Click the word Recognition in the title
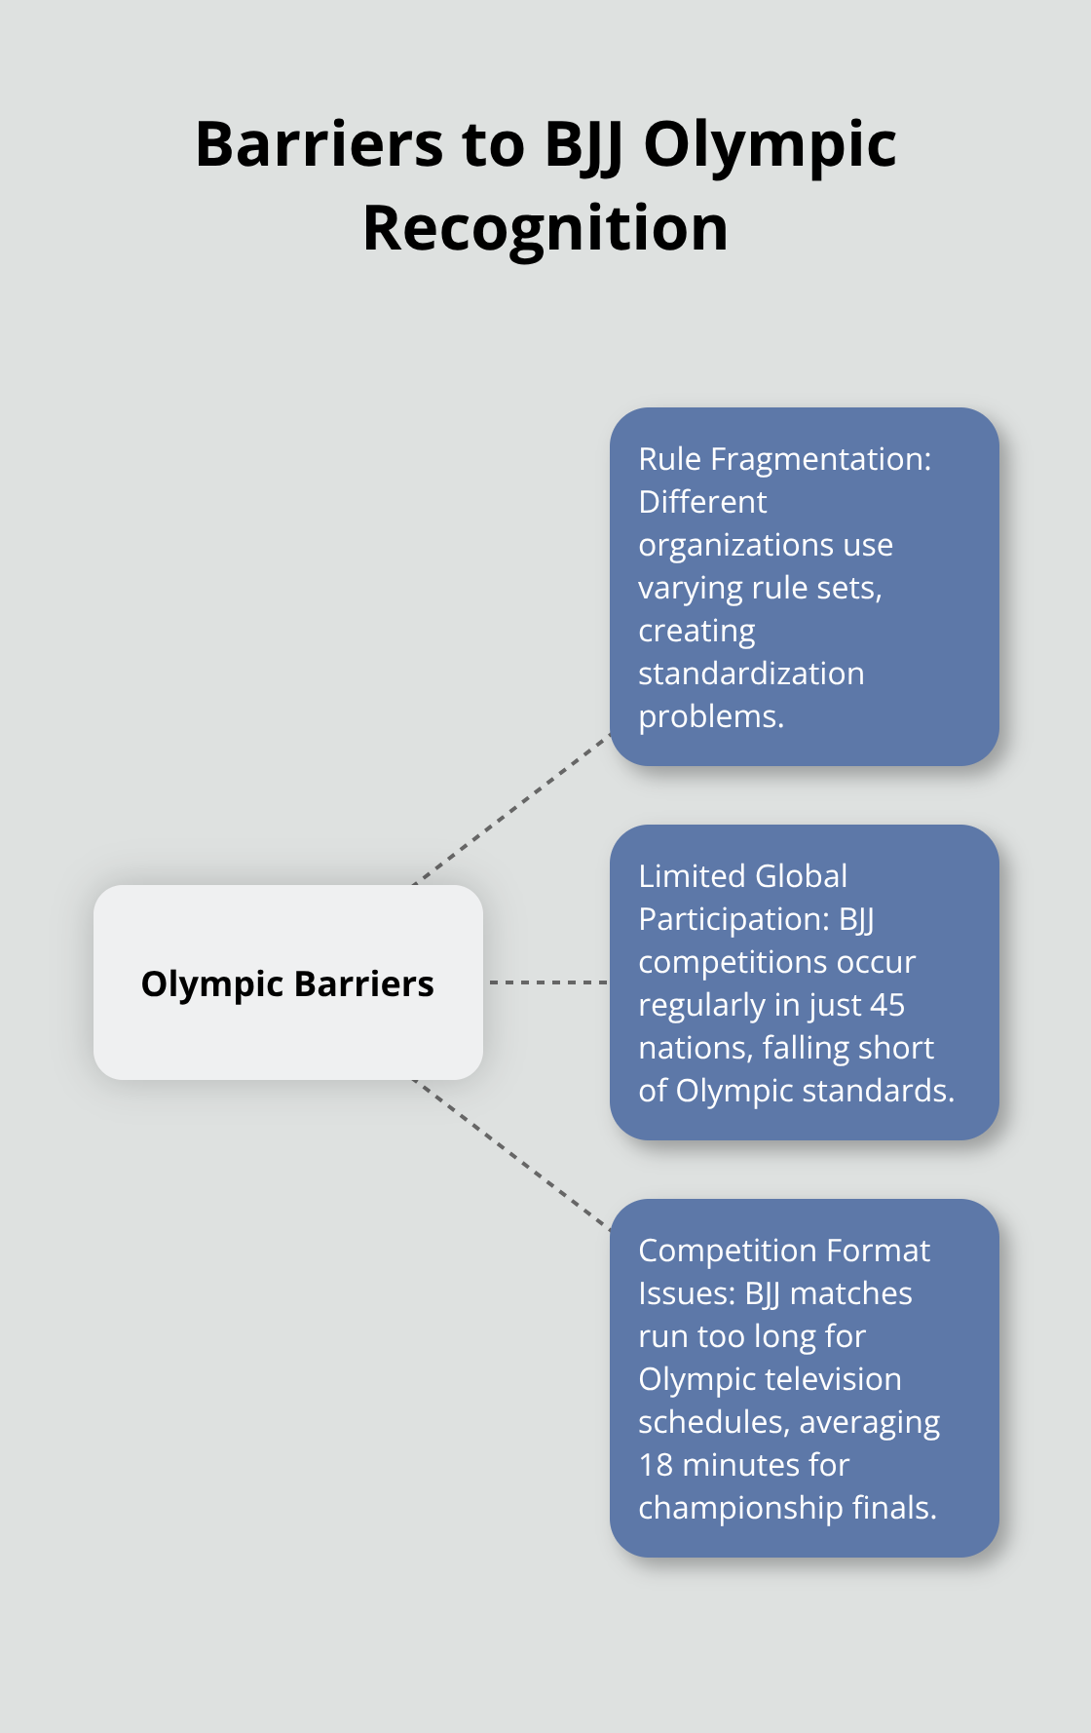545,229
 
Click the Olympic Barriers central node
287,982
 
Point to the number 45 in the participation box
886,1005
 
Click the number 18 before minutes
656,1465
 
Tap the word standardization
751,674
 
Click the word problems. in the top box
711,716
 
